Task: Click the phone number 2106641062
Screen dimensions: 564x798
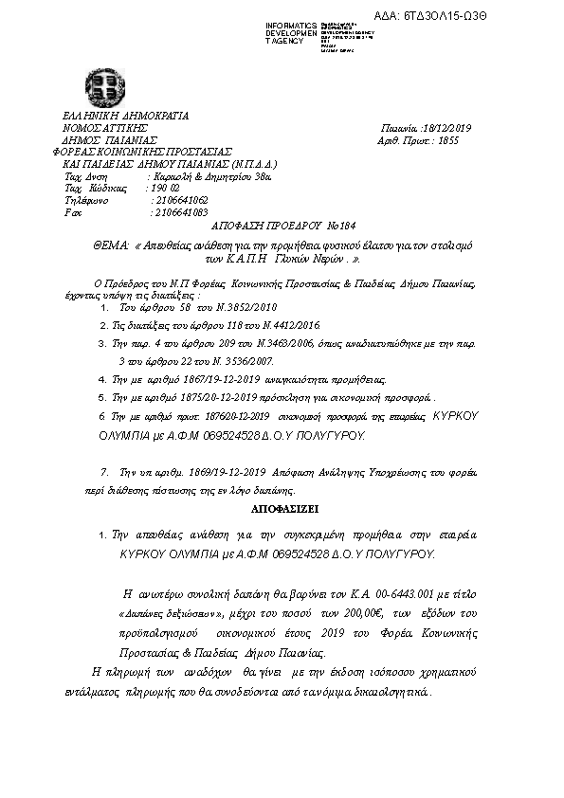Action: pyautogui.click(x=179, y=201)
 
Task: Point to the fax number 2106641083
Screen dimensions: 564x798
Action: pyautogui.click(x=179, y=213)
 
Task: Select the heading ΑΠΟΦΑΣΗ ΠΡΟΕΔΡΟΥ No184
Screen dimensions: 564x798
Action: pyautogui.click(x=282, y=228)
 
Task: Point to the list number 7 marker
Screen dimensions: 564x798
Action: pyautogui.click(x=103, y=471)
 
